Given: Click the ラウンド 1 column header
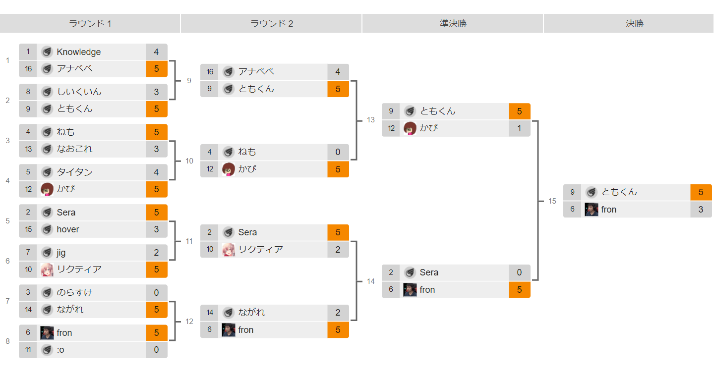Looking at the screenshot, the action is [x=90, y=23].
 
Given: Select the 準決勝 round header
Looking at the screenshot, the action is [x=453, y=23].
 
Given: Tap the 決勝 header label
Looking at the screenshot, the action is [x=634, y=23].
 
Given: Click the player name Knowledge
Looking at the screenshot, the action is [x=78, y=52].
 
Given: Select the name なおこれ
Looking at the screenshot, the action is [x=74, y=149].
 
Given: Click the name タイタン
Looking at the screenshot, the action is [x=74, y=172].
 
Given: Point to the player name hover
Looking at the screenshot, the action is [x=68, y=229].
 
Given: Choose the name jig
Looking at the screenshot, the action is [x=61, y=253].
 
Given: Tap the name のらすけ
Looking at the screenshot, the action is [x=74, y=292].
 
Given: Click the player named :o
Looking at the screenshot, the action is [x=60, y=350].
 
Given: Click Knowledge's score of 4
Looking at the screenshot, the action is [x=156, y=52].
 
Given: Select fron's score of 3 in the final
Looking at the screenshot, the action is [x=701, y=210].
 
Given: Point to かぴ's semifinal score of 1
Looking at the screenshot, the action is [x=519, y=128].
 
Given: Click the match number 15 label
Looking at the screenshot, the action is [x=552, y=201].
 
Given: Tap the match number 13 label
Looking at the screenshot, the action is [x=371, y=120].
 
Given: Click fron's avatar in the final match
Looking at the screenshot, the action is [x=591, y=210].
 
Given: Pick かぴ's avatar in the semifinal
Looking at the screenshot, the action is [x=410, y=128].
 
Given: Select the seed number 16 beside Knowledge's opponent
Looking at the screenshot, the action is [x=28, y=69].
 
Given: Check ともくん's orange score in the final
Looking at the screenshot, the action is [x=701, y=192].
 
